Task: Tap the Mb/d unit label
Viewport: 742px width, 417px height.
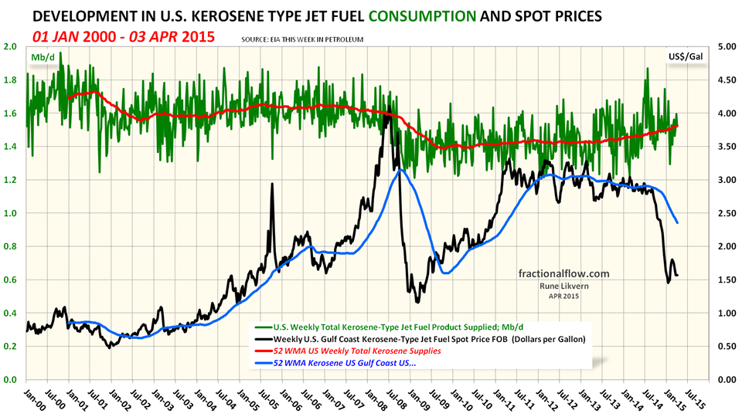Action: tap(43, 57)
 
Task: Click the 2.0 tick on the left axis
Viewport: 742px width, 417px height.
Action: tap(11, 46)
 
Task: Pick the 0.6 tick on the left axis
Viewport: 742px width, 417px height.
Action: tap(11, 280)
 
